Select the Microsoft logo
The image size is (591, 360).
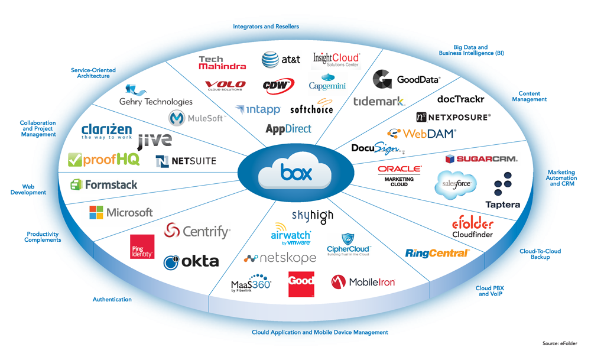click(121, 212)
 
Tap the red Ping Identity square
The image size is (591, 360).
click(142, 247)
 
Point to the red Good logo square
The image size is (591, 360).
click(301, 284)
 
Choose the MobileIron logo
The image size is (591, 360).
click(363, 282)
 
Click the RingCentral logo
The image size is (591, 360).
click(437, 253)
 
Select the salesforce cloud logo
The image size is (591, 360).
click(455, 184)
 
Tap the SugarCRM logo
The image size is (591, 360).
click(481, 159)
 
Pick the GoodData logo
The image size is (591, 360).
click(407, 80)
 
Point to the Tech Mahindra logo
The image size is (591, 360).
click(222, 63)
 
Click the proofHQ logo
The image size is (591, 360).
click(103, 160)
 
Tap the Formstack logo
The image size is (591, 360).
click(104, 184)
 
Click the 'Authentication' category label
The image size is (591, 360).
click(112, 300)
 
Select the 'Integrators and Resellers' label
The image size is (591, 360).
click(266, 27)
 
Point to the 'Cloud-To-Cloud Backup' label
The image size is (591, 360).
click(540, 254)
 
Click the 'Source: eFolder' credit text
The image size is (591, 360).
click(560, 343)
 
